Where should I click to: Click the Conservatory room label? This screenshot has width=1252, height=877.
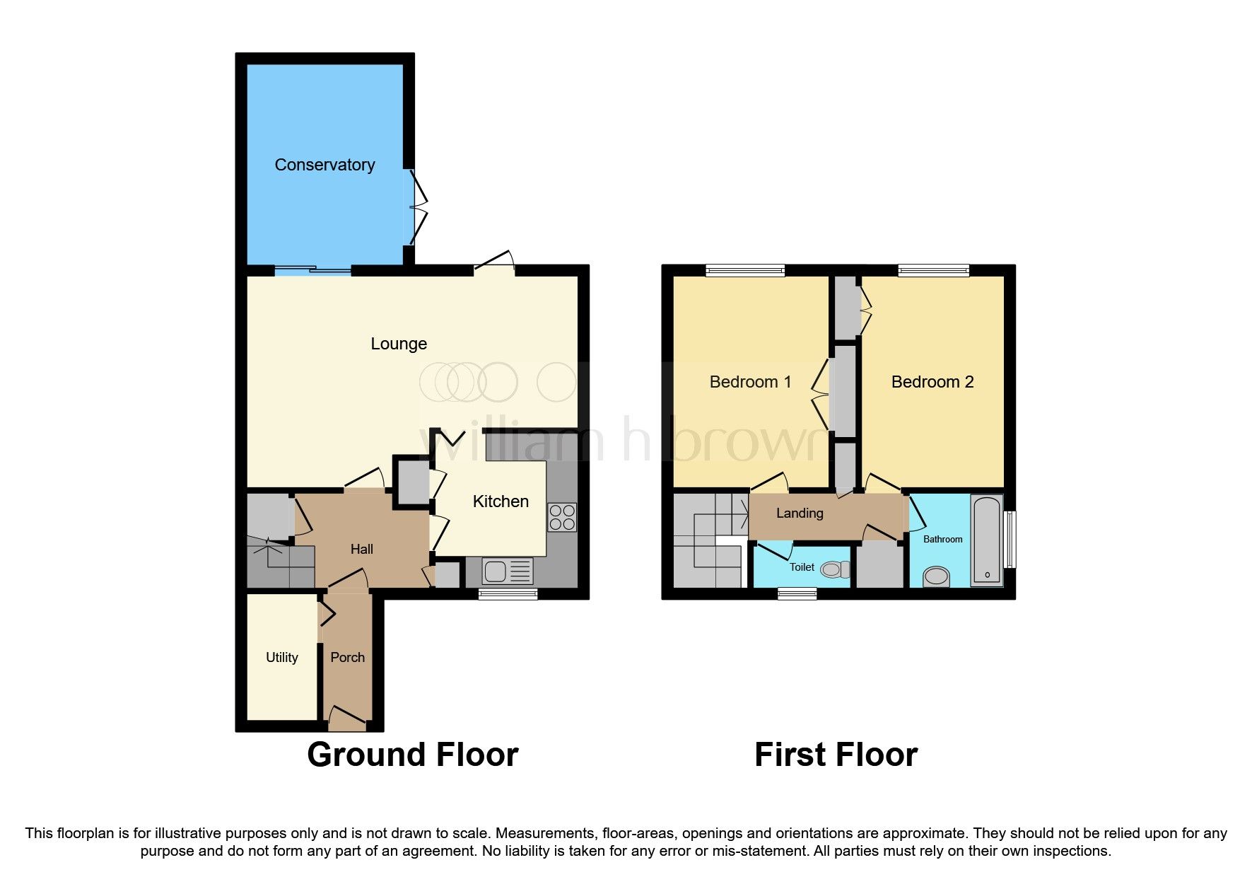[x=324, y=165]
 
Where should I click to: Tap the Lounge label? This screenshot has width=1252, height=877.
[x=399, y=344]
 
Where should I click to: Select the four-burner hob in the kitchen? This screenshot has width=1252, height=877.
[x=562, y=516]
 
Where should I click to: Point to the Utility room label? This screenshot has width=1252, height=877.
[x=281, y=657]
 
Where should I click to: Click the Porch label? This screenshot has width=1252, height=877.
[x=347, y=657]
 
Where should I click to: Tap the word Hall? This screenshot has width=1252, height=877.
[x=361, y=549]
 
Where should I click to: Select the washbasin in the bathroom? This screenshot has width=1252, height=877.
[x=937, y=576]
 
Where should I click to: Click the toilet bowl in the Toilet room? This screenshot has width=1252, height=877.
[x=836, y=569]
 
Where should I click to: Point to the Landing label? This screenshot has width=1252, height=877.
[x=800, y=513]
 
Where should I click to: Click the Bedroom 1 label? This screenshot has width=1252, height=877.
[x=750, y=382]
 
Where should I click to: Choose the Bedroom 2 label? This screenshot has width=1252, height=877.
[x=932, y=382]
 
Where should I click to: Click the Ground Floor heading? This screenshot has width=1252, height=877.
[x=412, y=755]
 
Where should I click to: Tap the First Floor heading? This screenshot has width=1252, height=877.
[x=836, y=755]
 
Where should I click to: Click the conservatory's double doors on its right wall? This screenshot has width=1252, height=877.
[x=417, y=205]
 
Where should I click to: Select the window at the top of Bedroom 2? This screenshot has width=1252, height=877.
[x=933, y=269]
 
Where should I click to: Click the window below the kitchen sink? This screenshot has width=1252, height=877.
[x=508, y=594]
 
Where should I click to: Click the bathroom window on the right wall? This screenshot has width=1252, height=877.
[x=1011, y=539]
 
